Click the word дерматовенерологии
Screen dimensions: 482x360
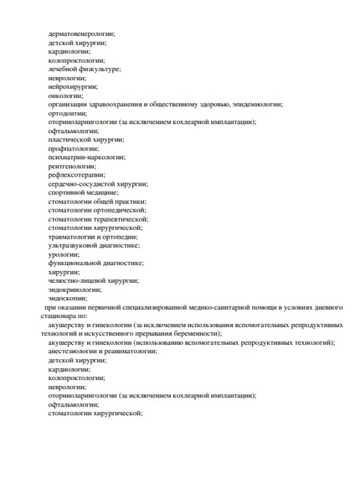coord(81,33)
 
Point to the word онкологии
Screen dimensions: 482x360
coord(65,95)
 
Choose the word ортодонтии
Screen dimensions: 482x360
coord(68,113)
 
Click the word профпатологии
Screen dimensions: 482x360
coord(74,148)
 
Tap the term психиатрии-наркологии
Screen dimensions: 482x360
coord(86,156)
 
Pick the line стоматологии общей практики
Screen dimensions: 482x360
coord(96,201)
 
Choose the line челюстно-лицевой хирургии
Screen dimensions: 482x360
coord(93,280)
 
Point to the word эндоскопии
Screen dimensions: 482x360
coord(68,298)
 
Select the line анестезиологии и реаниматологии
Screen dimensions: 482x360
coord(102,351)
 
